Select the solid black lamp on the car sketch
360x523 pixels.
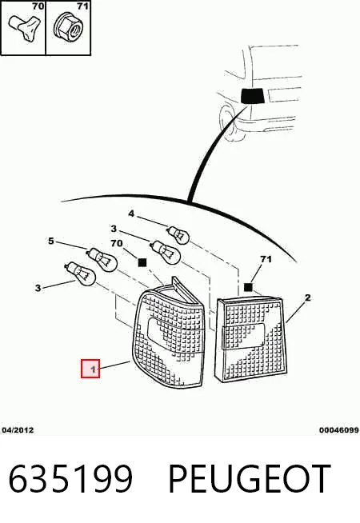click(x=252, y=96)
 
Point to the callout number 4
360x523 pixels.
click(x=131, y=214)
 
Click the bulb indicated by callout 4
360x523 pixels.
click(x=178, y=234)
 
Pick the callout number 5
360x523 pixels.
click(x=50, y=241)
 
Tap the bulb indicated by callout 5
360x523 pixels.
click(x=102, y=259)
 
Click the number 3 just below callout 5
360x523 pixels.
click(x=38, y=288)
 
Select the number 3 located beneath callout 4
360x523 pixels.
click(x=114, y=229)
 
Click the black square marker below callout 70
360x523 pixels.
click(x=142, y=262)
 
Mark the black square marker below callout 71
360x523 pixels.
click(x=248, y=287)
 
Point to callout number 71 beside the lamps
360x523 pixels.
click(x=266, y=259)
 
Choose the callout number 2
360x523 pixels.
click(x=308, y=297)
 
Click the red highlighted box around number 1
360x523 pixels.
click(x=90, y=369)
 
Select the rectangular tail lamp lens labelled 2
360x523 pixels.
click(x=252, y=339)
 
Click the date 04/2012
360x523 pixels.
click(x=18, y=430)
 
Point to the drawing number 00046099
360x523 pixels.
click(x=339, y=430)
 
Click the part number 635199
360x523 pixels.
click(x=70, y=479)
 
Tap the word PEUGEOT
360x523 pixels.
click(x=250, y=479)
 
